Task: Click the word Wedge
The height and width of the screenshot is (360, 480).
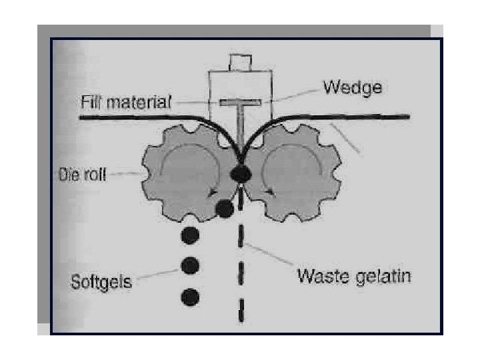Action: coord(352,87)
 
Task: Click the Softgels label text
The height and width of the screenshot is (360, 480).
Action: coord(101,281)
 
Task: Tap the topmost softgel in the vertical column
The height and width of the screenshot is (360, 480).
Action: coord(191,235)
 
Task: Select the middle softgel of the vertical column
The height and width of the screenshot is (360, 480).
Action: coord(191,265)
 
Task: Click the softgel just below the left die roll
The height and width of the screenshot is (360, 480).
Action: coord(225,209)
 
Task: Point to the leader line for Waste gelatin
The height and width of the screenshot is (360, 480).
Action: coord(267,257)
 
